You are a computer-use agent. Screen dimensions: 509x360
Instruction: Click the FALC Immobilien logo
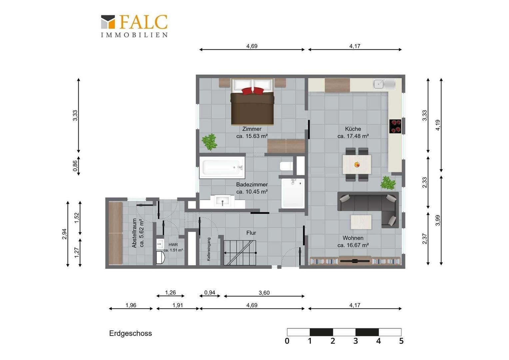pos(134,26)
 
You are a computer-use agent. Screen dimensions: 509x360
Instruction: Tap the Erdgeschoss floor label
pos(131,333)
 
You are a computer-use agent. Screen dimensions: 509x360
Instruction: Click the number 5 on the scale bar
pos(401,341)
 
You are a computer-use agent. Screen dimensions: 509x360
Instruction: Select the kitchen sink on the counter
pos(384,84)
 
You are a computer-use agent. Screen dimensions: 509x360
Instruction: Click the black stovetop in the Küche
pos(395,126)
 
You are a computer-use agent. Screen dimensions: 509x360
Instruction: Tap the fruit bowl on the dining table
pos(357,164)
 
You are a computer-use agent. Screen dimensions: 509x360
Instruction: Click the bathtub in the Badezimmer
pos(222,167)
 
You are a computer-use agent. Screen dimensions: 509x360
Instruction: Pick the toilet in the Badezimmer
pos(286,166)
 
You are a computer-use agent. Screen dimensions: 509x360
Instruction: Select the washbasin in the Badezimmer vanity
pos(223,201)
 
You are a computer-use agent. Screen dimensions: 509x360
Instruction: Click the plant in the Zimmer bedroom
pos(209,142)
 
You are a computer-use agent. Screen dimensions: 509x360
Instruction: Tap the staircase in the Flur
pos(240,253)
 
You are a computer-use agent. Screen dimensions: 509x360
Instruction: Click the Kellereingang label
pos(209,249)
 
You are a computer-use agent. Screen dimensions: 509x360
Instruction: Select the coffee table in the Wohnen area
pos(361,222)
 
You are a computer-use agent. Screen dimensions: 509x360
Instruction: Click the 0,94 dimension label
pos(210,292)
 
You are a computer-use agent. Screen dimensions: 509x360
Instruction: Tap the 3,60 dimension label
pos(264,293)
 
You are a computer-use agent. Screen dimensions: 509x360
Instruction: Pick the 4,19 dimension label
pos(438,125)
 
